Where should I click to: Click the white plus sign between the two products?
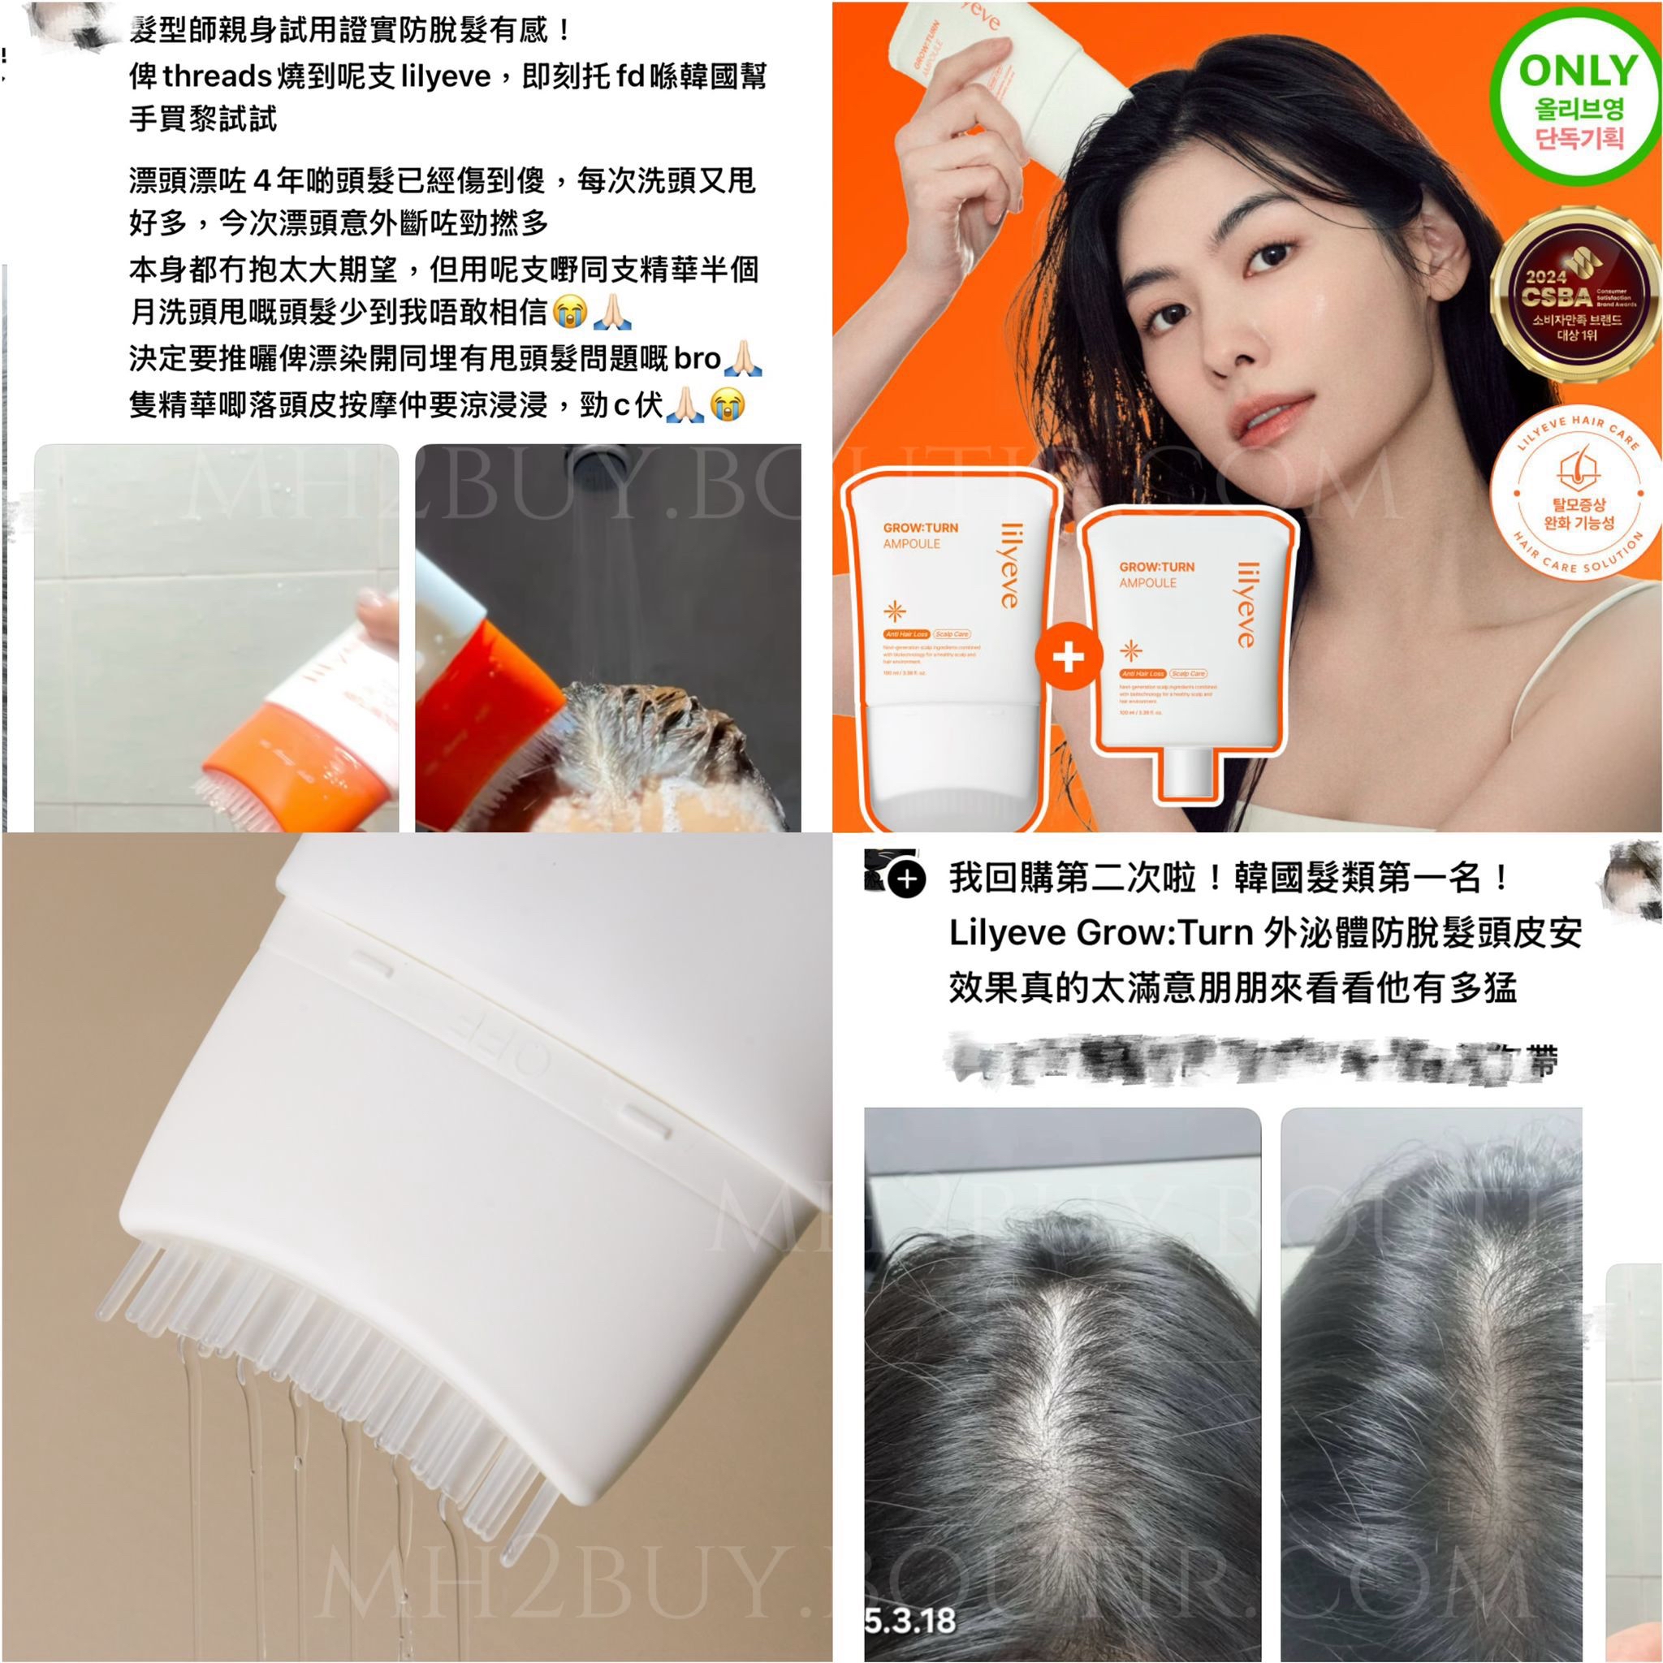1067,658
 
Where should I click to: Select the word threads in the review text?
217,76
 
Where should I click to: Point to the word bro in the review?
697,359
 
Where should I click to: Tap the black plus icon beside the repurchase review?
907,879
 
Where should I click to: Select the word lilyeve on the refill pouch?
1246,604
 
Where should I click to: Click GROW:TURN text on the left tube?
919,528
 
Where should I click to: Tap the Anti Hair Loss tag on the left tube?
905,633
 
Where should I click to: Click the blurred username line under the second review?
1248,1059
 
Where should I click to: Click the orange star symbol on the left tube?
894,611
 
